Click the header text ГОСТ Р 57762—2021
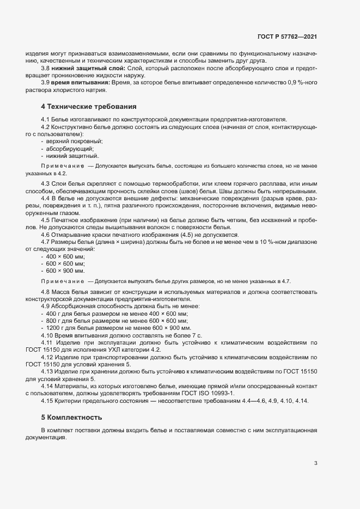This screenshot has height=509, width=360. pos(288,36)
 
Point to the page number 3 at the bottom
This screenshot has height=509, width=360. pos(315,464)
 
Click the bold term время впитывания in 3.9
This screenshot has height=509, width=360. pos(81,82)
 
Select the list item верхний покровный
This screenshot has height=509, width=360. pos(74,141)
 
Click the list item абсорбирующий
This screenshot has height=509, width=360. pos(70,149)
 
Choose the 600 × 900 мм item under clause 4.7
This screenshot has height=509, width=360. pos(65,271)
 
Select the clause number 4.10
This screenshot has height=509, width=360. pos(47,336)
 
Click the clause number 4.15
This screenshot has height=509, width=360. pos(47,401)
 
